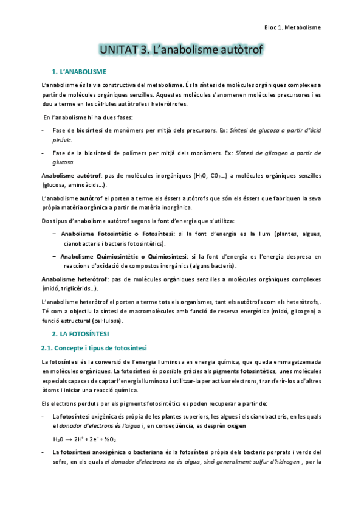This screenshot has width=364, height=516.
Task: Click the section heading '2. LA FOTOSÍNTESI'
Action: (84, 334)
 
